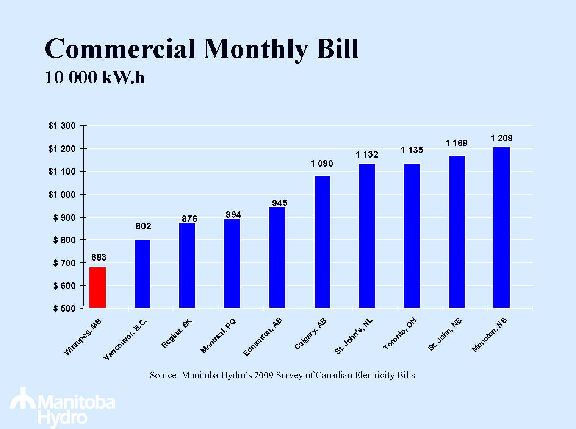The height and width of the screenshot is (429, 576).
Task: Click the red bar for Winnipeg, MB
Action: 97,287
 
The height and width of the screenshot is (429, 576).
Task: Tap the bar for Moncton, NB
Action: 502,227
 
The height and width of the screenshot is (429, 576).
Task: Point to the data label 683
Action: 99,258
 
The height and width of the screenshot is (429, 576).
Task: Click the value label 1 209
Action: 501,138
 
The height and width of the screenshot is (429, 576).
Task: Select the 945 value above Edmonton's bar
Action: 280,203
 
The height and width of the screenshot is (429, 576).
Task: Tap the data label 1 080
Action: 322,164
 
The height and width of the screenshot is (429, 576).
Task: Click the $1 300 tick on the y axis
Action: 62,126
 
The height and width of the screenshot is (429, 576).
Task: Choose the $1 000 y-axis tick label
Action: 62,195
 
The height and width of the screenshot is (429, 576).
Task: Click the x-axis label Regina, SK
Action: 177,334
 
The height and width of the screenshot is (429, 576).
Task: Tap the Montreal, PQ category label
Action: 218,336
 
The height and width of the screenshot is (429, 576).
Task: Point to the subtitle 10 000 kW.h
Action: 94,78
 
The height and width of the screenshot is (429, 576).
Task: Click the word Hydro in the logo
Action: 63,418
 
